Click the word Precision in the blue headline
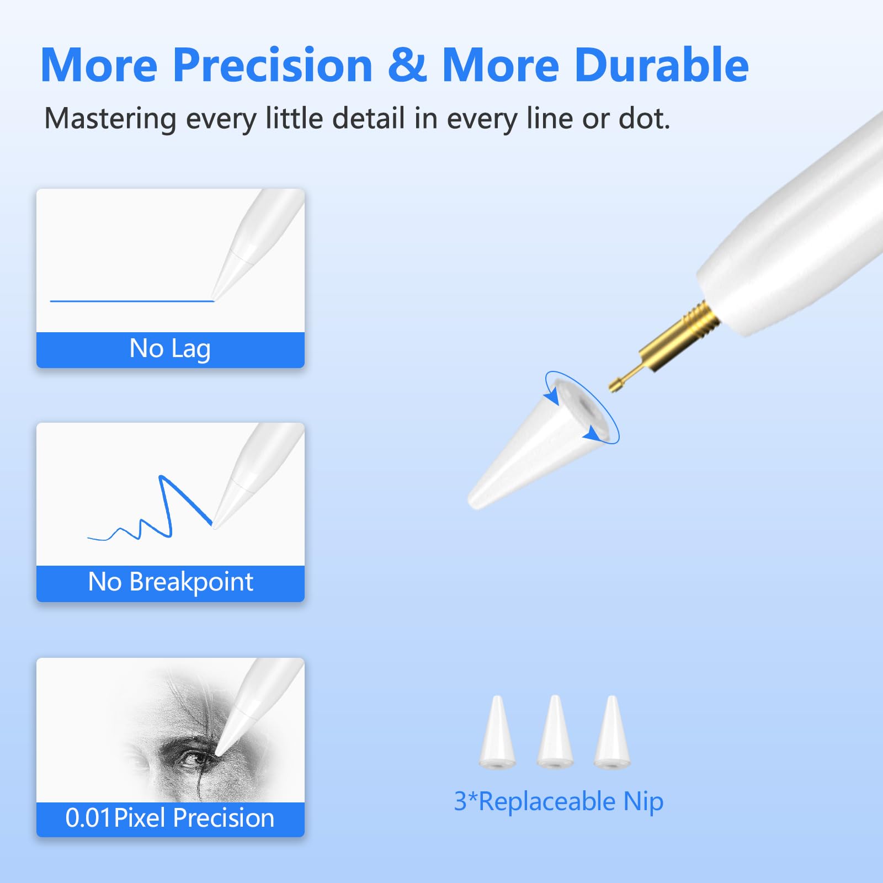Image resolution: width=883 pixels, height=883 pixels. pos(273,65)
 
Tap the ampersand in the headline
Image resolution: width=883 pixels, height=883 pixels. pos(407,65)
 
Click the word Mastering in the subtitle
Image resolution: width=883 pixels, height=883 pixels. pos(110,119)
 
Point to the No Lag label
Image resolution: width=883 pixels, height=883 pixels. pos(170,349)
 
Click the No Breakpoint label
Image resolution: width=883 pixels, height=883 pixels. pos(171,582)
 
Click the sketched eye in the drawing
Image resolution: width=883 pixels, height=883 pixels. pos(190,759)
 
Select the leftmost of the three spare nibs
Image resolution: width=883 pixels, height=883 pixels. pos(497,734)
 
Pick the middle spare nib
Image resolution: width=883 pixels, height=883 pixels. pos(555,734)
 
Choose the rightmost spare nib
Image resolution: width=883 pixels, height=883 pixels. pos(612,734)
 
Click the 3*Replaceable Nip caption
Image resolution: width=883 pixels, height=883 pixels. pos(558,801)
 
